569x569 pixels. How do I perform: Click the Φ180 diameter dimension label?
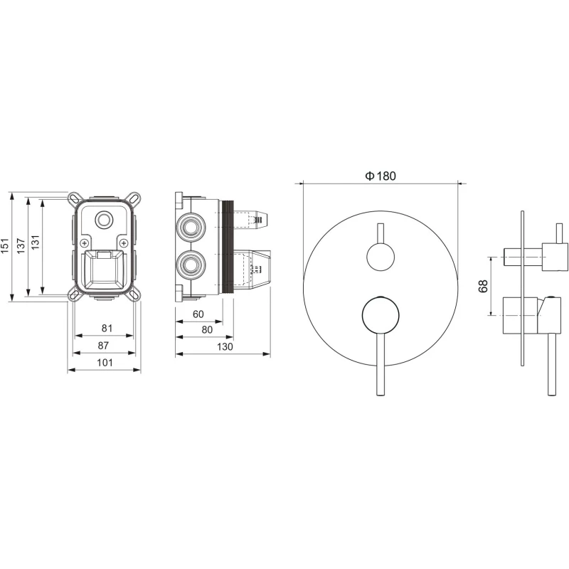pos(381,176)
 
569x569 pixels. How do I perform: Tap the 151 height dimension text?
pos(4,245)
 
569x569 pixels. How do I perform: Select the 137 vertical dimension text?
pos(21,245)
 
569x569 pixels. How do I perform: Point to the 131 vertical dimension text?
pos(35,242)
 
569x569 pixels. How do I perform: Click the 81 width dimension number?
pos(107,328)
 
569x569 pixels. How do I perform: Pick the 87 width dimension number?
pos(103,345)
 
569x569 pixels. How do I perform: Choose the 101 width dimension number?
pos(105,363)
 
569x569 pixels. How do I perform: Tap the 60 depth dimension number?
pos(198,314)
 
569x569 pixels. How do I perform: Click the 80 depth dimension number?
pos(207,329)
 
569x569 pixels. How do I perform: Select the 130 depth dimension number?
pos(225,346)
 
